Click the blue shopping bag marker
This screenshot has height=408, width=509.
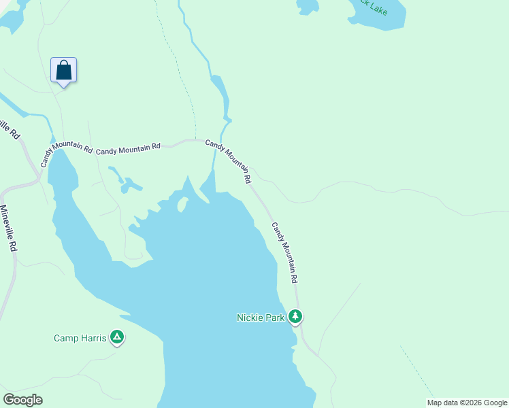coord(63,70)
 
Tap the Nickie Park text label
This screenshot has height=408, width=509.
coord(260,318)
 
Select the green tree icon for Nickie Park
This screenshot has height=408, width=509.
coord(295,316)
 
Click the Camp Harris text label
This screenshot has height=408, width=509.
coord(80,337)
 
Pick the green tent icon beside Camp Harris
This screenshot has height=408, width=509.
coord(117,337)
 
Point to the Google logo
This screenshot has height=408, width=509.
coord(22,399)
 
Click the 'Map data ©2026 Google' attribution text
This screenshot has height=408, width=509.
coord(467,403)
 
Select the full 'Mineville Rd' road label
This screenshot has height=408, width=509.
coord(7,229)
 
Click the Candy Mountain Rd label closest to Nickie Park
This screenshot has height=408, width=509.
coord(285,252)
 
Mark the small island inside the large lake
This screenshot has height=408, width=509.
coord(182,205)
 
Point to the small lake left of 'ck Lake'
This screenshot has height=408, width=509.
coord(308,6)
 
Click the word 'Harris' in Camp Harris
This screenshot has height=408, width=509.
coord(93,337)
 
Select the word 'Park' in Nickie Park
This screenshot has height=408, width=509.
coord(274,318)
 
